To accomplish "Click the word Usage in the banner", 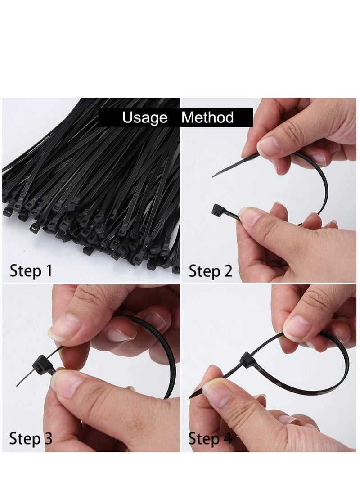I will tap(144, 118).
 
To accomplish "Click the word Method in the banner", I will tap(207, 118).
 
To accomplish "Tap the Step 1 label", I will tap(31, 271).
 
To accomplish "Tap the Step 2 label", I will tap(210, 271).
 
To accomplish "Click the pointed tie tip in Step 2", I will tap(215, 175).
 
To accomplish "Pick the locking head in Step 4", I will tap(247, 360).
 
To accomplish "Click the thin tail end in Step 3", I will tap(19, 385).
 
